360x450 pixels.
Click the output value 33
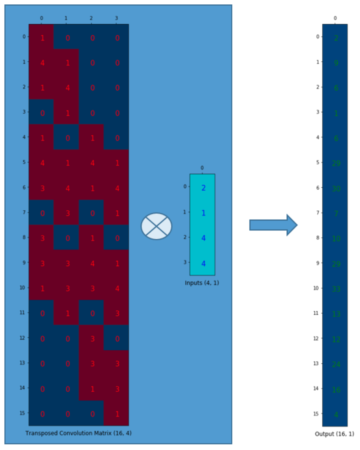pyautogui.click(x=336, y=289)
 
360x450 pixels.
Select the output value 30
pyautogui.click(x=336, y=189)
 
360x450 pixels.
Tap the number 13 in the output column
pyautogui.click(x=336, y=314)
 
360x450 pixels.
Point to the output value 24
pyautogui.click(x=336, y=364)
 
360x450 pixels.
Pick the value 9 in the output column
pyautogui.click(x=336, y=63)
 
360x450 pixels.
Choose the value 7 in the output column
pyautogui.click(x=336, y=214)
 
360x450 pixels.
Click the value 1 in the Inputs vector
pyautogui.click(x=203, y=213)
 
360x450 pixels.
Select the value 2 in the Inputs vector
pyautogui.click(x=203, y=188)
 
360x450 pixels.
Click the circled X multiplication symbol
pyautogui.click(x=156, y=226)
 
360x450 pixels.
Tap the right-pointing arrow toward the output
pyautogui.click(x=273, y=225)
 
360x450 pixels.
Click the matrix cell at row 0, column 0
pyautogui.click(x=42, y=38)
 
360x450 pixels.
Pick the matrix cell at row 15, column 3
pyautogui.click(x=116, y=414)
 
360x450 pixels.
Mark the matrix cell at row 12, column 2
pyautogui.click(x=91, y=339)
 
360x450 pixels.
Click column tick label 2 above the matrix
pyautogui.click(x=91, y=18)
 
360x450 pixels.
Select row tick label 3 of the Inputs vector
pyautogui.click(x=185, y=262)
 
